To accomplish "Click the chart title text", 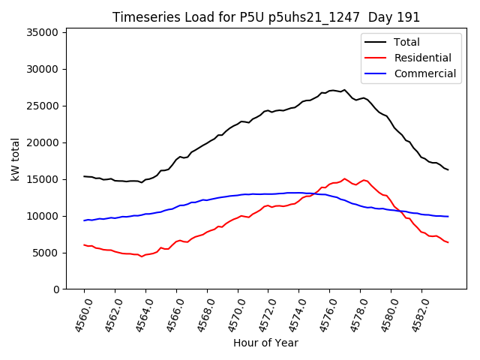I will [266, 17].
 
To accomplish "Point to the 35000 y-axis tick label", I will [43, 32].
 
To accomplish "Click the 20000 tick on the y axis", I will [43, 142].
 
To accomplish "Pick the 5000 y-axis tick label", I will [46, 253].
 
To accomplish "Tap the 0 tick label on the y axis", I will [56, 289].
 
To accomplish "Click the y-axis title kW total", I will [16, 158].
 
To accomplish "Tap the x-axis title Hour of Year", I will [265, 343].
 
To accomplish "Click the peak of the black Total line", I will [332, 90].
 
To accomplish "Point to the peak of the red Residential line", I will [344, 178].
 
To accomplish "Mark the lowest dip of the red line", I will [142, 256].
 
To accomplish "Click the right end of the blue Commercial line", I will [448, 217].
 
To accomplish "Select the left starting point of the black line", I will [84, 176].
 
